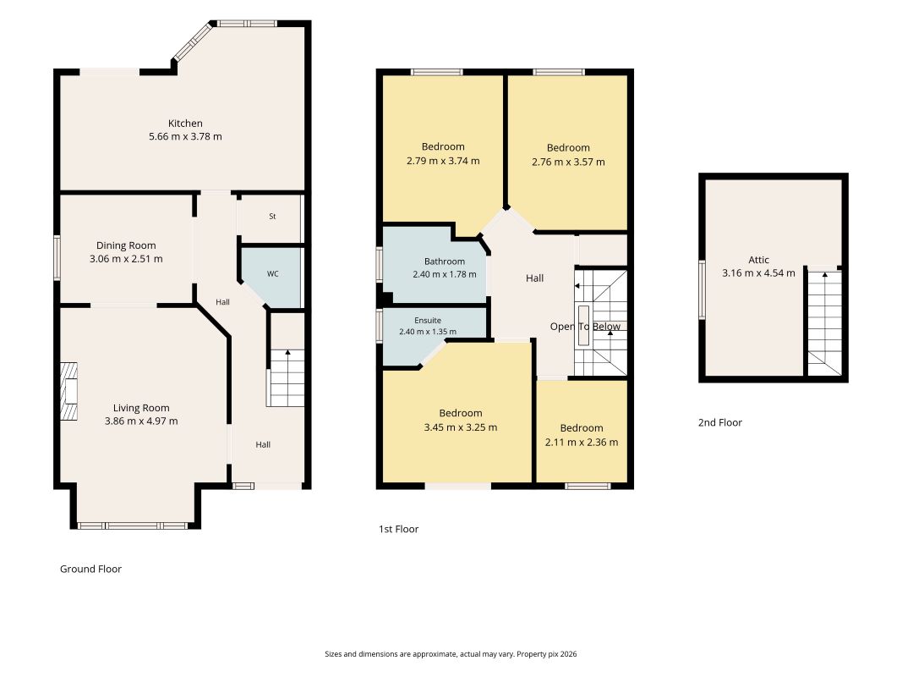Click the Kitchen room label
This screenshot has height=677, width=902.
click(x=185, y=124)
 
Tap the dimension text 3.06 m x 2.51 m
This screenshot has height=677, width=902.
click(x=126, y=259)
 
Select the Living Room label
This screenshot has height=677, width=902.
click(x=141, y=408)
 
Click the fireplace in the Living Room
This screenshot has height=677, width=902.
click(x=69, y=392)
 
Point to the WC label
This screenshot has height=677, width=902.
click(x=273, y=273)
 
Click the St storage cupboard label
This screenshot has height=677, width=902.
click(x=272, y=217)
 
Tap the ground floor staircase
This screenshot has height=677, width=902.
click(x=286, y=377)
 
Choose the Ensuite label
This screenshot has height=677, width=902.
click(x=428, y=320)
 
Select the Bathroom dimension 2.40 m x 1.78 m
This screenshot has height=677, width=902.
click(x=444, y=274)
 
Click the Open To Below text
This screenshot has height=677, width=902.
click(x=585, y=327)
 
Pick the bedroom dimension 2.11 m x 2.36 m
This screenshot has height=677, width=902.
click(x=582, y=442)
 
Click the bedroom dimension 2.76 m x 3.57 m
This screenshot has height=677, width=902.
click(x=568, y=162)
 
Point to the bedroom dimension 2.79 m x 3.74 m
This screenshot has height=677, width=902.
click(x=443, y=161)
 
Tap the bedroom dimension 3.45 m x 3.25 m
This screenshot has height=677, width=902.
click(x=460, y=427)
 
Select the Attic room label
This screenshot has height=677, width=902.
click(x=758, y=260)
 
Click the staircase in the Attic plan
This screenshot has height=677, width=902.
click(x=824, y=322)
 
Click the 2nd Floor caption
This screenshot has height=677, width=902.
click(x=719, y=422)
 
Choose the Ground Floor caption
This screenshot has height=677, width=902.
click(x=91, y=569)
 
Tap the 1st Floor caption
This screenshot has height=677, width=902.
click(x=398, y=529)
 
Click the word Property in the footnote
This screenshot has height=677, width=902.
click(x=531, y=654)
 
